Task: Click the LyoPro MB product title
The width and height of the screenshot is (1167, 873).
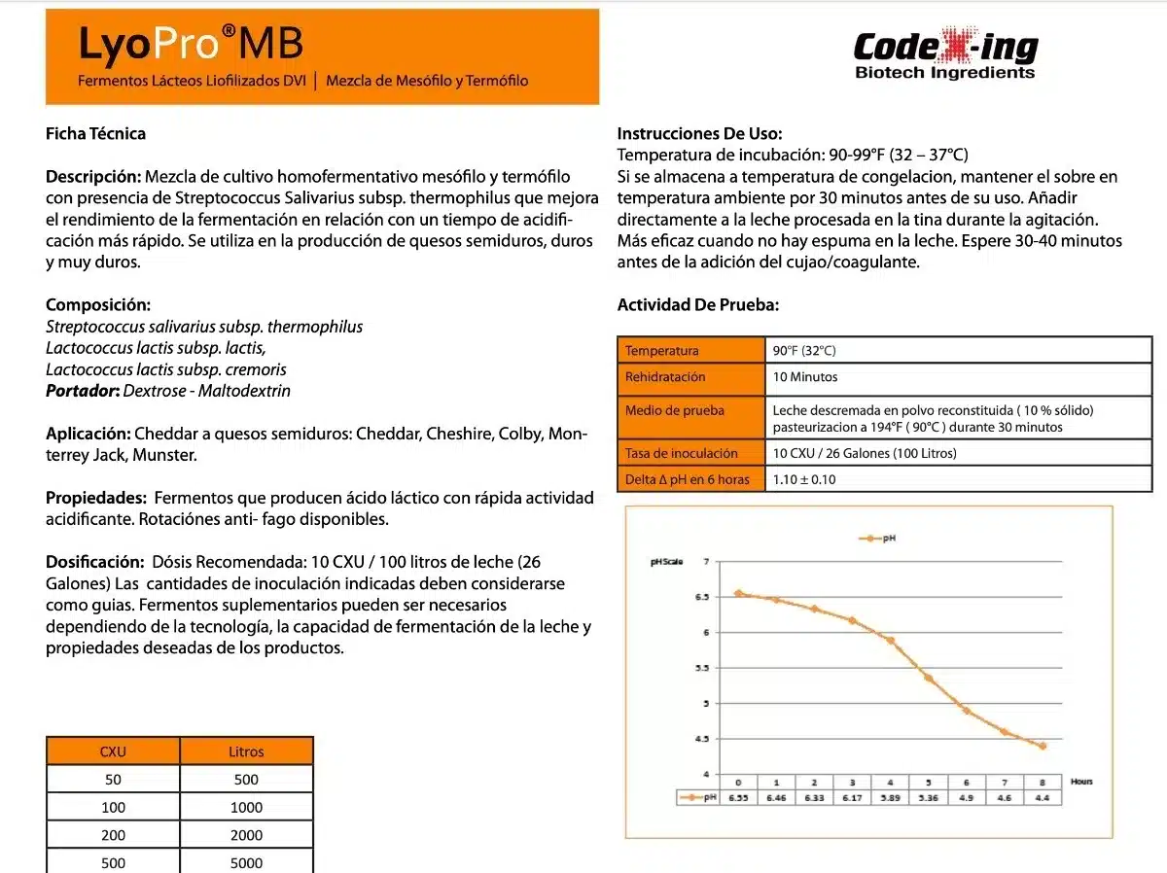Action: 191,45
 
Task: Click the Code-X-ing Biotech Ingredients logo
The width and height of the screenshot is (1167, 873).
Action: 945,55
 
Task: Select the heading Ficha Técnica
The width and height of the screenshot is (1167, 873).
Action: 95,133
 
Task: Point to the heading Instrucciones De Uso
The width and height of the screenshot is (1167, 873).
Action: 699,134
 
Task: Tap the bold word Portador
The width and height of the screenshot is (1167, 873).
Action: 83,391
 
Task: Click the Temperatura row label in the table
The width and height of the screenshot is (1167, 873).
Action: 661,351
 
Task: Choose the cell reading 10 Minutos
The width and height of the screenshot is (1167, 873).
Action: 805,377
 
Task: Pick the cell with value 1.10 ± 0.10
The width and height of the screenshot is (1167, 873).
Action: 804,479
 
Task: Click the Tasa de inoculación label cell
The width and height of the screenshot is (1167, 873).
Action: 681,453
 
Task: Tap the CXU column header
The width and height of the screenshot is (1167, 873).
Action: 113,751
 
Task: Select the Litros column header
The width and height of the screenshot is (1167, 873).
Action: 246,751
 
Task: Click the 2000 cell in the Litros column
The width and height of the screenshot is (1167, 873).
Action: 246,835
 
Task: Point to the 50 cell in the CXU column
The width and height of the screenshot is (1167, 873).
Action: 113,779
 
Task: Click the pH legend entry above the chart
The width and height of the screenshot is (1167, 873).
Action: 877,538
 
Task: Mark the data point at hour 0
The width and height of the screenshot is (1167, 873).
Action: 738,593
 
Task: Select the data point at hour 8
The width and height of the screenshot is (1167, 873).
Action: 1043,746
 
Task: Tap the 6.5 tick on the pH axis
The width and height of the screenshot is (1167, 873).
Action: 700,597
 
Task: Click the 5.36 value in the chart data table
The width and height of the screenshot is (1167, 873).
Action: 928,797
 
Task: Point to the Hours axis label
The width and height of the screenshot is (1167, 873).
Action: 1081,782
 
